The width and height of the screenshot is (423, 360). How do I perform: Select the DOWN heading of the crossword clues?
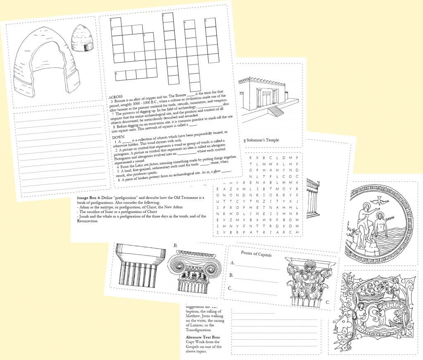pos(118,137)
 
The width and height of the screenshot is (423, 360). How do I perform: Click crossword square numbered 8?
pos(119,74)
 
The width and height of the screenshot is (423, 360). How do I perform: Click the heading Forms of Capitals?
pos(256,255)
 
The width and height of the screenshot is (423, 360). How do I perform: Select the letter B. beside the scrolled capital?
pos(176,246)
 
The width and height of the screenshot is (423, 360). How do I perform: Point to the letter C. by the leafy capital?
pos(328,302)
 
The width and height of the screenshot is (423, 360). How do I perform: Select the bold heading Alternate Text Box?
pos(202,337)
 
